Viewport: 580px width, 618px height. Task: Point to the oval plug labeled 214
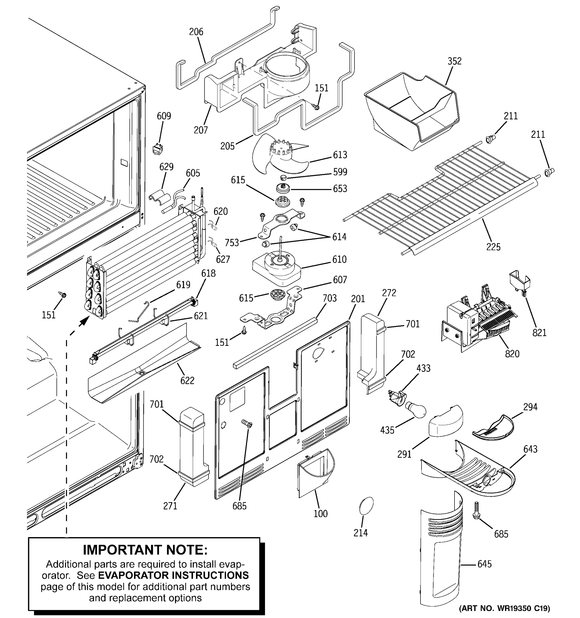coord(366,507)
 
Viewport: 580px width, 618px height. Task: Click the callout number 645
coord(484,564)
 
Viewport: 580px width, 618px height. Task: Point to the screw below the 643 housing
coord(476,511)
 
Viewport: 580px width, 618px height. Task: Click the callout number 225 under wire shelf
coord(493,247)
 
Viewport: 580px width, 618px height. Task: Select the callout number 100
coord(320,513)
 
